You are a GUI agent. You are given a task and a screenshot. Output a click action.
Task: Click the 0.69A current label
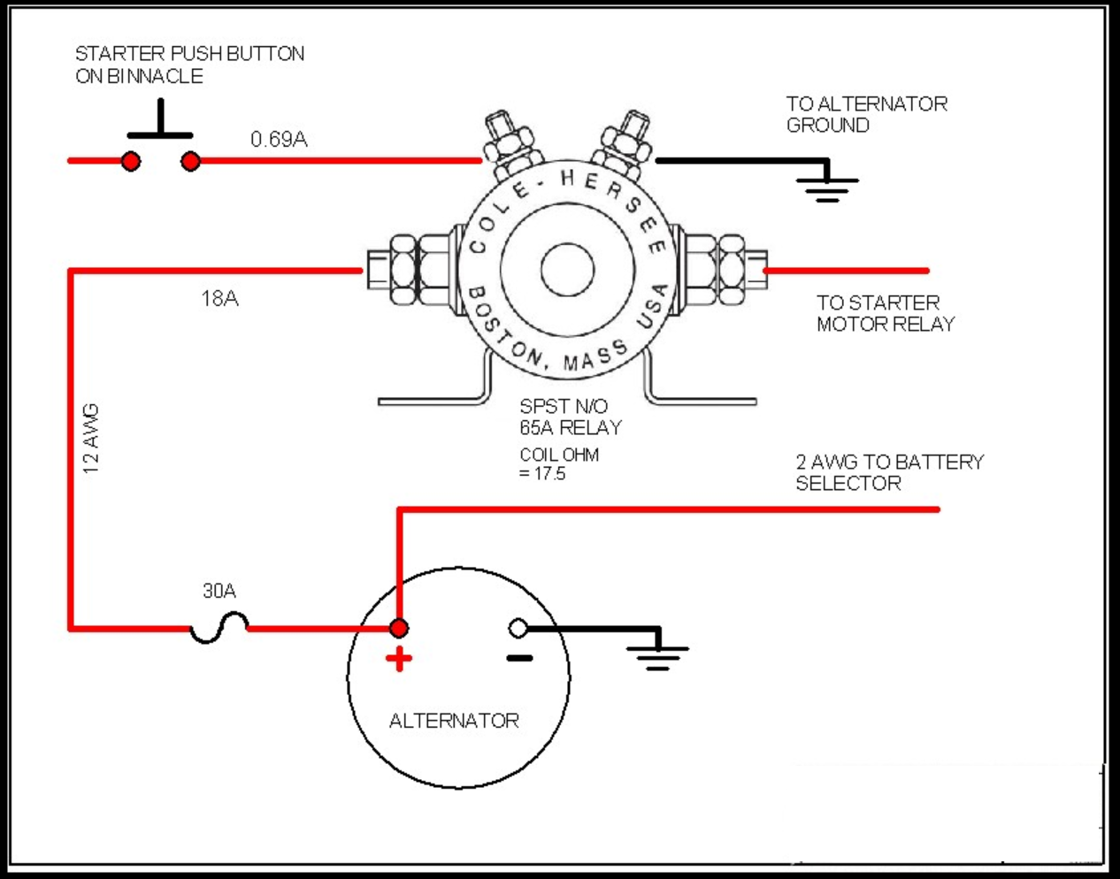279,139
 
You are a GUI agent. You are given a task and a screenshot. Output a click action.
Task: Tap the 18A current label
219,298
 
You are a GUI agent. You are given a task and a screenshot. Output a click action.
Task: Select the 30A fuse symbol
219,628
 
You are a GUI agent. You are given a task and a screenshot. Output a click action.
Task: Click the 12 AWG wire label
91,439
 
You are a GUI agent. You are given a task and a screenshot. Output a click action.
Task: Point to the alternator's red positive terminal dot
399,628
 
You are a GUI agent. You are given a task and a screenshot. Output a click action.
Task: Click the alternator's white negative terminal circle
518,629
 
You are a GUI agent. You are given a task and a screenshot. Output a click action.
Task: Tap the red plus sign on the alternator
399,659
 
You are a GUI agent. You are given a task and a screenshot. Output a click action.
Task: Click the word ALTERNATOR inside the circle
454,721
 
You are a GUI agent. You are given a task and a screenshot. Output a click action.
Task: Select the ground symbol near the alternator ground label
827,189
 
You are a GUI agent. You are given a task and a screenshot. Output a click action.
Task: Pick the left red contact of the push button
131,161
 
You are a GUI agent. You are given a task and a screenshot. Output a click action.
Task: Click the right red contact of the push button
191,161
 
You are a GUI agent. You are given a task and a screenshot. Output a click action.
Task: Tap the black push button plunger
160,119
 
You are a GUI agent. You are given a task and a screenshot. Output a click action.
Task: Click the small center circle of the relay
567,270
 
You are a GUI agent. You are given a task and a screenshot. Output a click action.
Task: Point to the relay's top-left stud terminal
511,144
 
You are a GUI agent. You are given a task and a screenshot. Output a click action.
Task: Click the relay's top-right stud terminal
623,144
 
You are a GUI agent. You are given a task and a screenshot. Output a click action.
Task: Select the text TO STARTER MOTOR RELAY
886,313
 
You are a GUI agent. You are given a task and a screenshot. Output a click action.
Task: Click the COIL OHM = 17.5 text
559,463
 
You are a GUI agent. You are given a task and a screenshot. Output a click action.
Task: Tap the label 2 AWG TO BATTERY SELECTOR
890,472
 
